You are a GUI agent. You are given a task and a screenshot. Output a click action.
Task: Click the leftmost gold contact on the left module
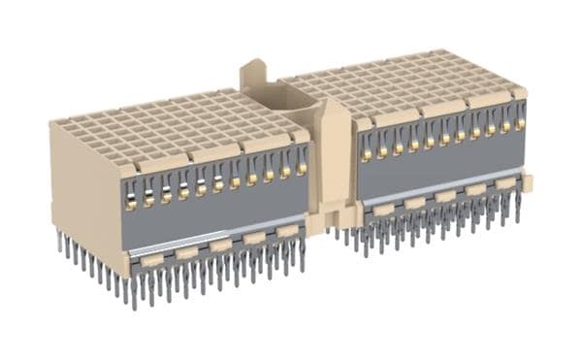click(130, 204)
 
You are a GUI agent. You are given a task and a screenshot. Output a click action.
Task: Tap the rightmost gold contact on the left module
click(302, 168)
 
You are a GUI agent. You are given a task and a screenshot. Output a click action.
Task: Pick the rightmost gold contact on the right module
click(520, 123)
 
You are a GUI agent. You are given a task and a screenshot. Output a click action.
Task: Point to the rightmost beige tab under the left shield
click(287, 232)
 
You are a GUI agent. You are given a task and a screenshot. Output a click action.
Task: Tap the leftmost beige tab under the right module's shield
click(383, 210)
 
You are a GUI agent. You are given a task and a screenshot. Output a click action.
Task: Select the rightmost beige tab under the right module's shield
click(505, 182)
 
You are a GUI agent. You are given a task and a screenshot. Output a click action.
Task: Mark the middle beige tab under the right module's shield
click(444, 196)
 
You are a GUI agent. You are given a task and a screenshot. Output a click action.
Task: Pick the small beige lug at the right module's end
click(529, 181)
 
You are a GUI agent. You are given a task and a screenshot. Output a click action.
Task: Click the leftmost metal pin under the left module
click(60, 243)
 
